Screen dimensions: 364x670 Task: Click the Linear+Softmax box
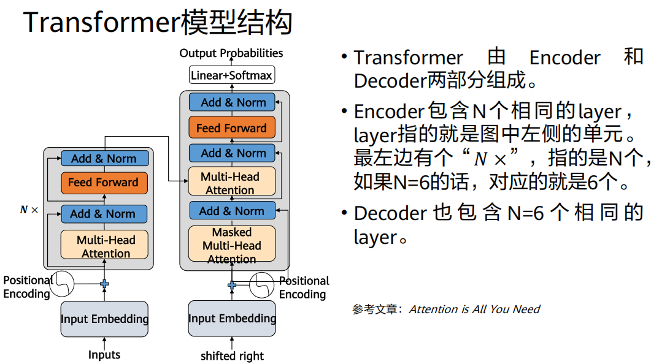pyautogui.click(x=231, y=75)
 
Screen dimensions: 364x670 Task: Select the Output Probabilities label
pyautogui.click(x=231, y=53)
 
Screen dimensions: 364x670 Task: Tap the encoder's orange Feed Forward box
pyautogui.click(x=104, y=182)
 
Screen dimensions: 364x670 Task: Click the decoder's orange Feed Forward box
pyautogui.click(x=231, y=128)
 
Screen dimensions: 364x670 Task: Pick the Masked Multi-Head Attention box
pyautogui.click(x=231, y=245)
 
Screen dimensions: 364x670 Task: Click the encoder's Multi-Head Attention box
pyautogui.click(x=104, y=246)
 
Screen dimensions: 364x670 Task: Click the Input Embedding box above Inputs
pyautogui.click(x=104, y=319)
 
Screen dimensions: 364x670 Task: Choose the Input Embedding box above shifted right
pyautogui.click(x=232, y=319)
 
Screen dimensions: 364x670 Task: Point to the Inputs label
pyautogui.click(x=104, y=355)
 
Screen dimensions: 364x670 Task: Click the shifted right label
pyautogui.click(x=232, y=356)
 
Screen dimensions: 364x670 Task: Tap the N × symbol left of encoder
pyautogui.click(x=29, y=210)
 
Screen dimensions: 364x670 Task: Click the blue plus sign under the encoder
pyautogui.click(x=104, y=284)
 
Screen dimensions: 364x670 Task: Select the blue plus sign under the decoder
pyautogui.click(x=232, y=285)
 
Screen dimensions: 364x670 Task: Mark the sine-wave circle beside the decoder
pyautogui.click(x=262, y=284)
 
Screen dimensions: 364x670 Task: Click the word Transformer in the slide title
pyautogui.click(x=101, y=23)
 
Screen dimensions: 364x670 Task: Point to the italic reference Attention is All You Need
pyautogui.click(x=474, y=309)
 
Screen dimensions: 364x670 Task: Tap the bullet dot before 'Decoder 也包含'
pyautogui.click(x=345, y=213)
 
